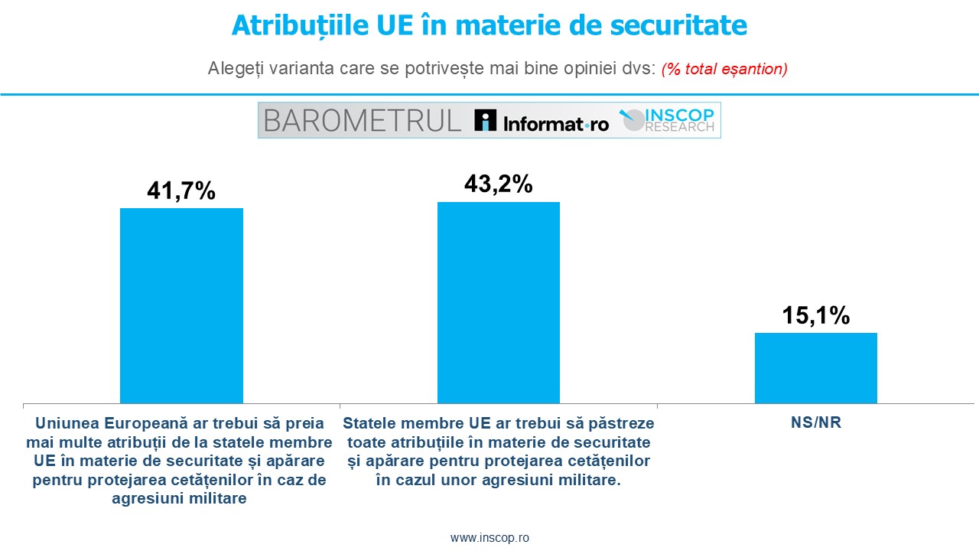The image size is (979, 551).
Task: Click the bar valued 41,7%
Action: [181, 305]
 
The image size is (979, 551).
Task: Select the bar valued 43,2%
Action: [498, 302]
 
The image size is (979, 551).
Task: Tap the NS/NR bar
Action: [815, 367]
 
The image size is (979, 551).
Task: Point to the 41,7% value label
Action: [181, 191]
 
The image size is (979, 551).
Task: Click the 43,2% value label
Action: [498, 184]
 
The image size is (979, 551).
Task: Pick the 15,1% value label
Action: [815, 315]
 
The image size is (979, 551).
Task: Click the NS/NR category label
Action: [815, 422]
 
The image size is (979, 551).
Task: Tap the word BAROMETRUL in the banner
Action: [363, 120]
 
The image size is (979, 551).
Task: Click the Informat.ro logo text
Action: [555, 122]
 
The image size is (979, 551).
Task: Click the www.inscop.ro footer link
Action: [489, 537]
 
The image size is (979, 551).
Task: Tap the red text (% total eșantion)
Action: [724, 68]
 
